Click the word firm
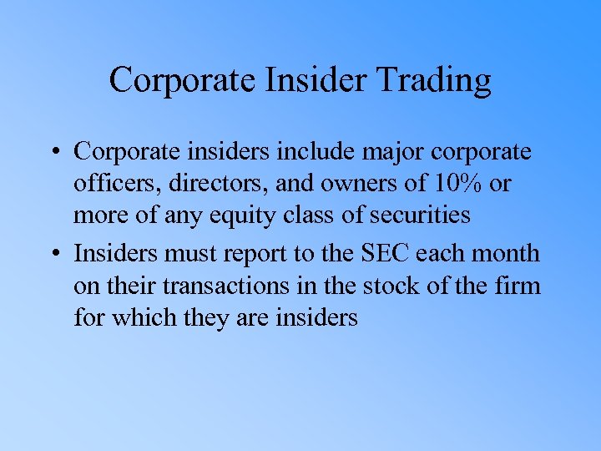[x=518, y=286]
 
